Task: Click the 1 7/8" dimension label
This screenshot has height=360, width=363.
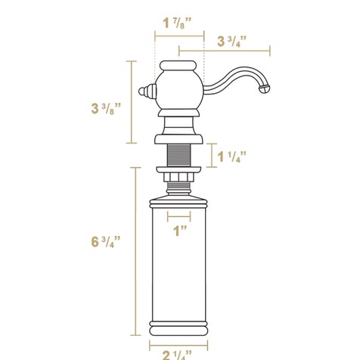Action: pyautogui.click(x=177, y=23)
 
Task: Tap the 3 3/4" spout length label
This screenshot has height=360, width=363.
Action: pyautogui.click(x=231, y=42)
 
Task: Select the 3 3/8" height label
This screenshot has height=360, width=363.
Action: pyautogui.click(x=106, y=108)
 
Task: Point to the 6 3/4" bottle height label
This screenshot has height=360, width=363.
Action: pyautogui.click(x=106, y=241)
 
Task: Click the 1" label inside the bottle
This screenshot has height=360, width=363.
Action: pyautogui.click(x=181, y=231)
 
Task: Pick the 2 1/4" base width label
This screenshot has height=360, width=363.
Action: pyautogui.click(x=177, y=355)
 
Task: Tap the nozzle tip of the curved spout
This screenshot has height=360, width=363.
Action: pyautogui.click(x=265, y=89)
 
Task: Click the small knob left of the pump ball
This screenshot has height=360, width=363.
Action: pyautogui.click(x=147, y=92)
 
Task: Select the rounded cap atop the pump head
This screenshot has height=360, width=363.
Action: pyautogui.click(x=178, y=65)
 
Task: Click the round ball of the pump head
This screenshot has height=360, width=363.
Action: pyautogui.click(x=178, y=89)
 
